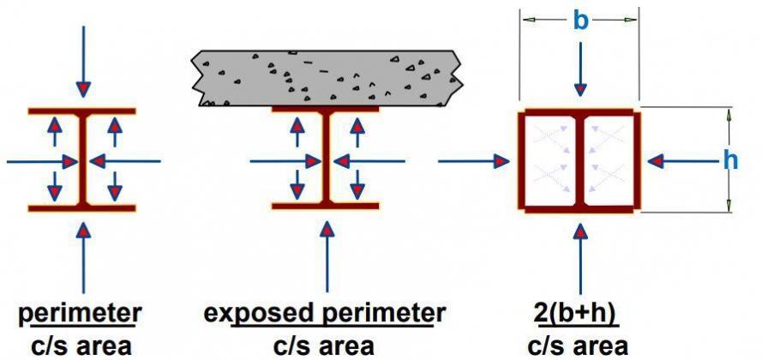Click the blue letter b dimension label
click(580, 21)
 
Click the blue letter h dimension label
click(730, 159)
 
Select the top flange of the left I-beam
click(82, 112)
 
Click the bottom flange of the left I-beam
click(82, 207)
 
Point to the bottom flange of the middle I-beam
click(326, 206)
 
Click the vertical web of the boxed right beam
click(580, 159)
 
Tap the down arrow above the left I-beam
click(83, 60)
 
